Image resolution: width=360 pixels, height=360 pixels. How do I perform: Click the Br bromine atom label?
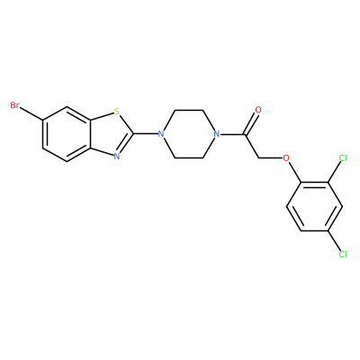click(x=15, y=105)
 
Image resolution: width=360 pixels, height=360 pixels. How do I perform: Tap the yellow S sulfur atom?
click(x=117, y=112)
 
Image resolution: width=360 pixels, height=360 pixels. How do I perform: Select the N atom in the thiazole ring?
click(x=117, y=156)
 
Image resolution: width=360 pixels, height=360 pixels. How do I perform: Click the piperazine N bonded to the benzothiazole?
click(x=161, y=134)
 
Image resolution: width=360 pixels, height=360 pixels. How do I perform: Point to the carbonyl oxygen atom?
click(x=258, y=110)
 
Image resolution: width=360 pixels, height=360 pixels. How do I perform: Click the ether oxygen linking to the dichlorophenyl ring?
click(x=286, y=157)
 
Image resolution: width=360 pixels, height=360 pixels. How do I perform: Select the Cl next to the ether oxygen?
click(x=343, y=157)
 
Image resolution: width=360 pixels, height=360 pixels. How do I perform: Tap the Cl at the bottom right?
click(x=343, y=255)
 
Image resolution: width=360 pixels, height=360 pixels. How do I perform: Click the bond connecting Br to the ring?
click(x=31, y=113)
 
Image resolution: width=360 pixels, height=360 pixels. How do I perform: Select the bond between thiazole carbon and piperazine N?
click(x=146, y=133)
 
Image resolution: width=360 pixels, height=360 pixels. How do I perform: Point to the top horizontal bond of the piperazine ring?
click(x=189, y=110)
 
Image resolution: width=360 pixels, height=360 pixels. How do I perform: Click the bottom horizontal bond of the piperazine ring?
click(x=189, y=157)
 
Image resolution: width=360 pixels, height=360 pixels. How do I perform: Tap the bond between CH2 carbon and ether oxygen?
click(x=271, y=157)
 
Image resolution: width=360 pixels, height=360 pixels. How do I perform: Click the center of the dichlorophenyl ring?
click(x=315, y=206)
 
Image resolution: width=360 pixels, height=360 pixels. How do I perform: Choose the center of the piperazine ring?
click(x=189, y=134)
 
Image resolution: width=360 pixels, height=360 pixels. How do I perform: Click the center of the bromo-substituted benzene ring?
click(x=67, y=134)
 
